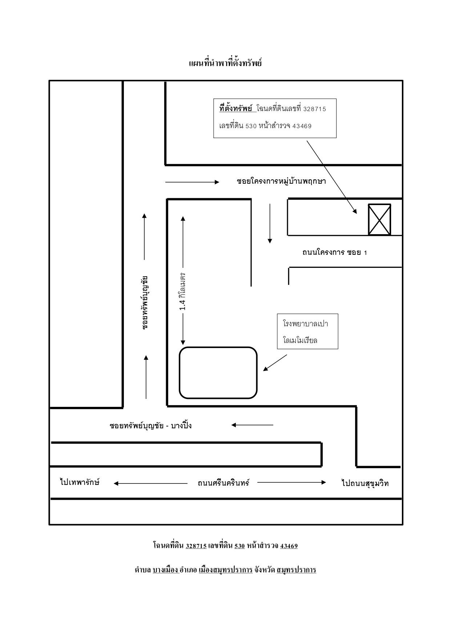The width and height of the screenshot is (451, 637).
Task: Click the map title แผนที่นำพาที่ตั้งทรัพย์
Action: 225,63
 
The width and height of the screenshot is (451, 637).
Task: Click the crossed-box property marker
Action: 379,220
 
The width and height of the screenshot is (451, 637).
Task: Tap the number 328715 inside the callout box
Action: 315,109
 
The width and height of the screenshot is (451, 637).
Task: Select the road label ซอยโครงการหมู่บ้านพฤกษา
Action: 281,181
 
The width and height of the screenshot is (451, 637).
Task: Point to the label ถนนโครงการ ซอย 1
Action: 334,252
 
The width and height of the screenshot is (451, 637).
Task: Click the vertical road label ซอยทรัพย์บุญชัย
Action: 145,302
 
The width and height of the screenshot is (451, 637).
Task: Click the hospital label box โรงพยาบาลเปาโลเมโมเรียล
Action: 307,331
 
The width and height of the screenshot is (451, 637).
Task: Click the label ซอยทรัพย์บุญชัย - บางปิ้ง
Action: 150,425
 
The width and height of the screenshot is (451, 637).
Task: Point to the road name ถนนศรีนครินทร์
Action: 224,483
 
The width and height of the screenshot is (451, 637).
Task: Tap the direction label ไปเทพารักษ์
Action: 80,482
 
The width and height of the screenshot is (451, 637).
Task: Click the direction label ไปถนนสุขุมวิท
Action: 365,483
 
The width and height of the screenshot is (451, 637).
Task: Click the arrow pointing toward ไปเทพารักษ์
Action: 150,483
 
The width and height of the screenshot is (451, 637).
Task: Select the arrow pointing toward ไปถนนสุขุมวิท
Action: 292,482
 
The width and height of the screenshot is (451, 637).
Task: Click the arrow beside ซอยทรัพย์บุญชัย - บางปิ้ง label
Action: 252,425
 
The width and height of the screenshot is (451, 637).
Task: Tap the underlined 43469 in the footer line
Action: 289,546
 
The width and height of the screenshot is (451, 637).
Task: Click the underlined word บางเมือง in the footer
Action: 166,570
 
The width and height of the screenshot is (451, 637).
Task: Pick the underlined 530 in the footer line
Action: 239,546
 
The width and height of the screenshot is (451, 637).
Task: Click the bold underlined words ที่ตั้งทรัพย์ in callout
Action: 236,109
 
